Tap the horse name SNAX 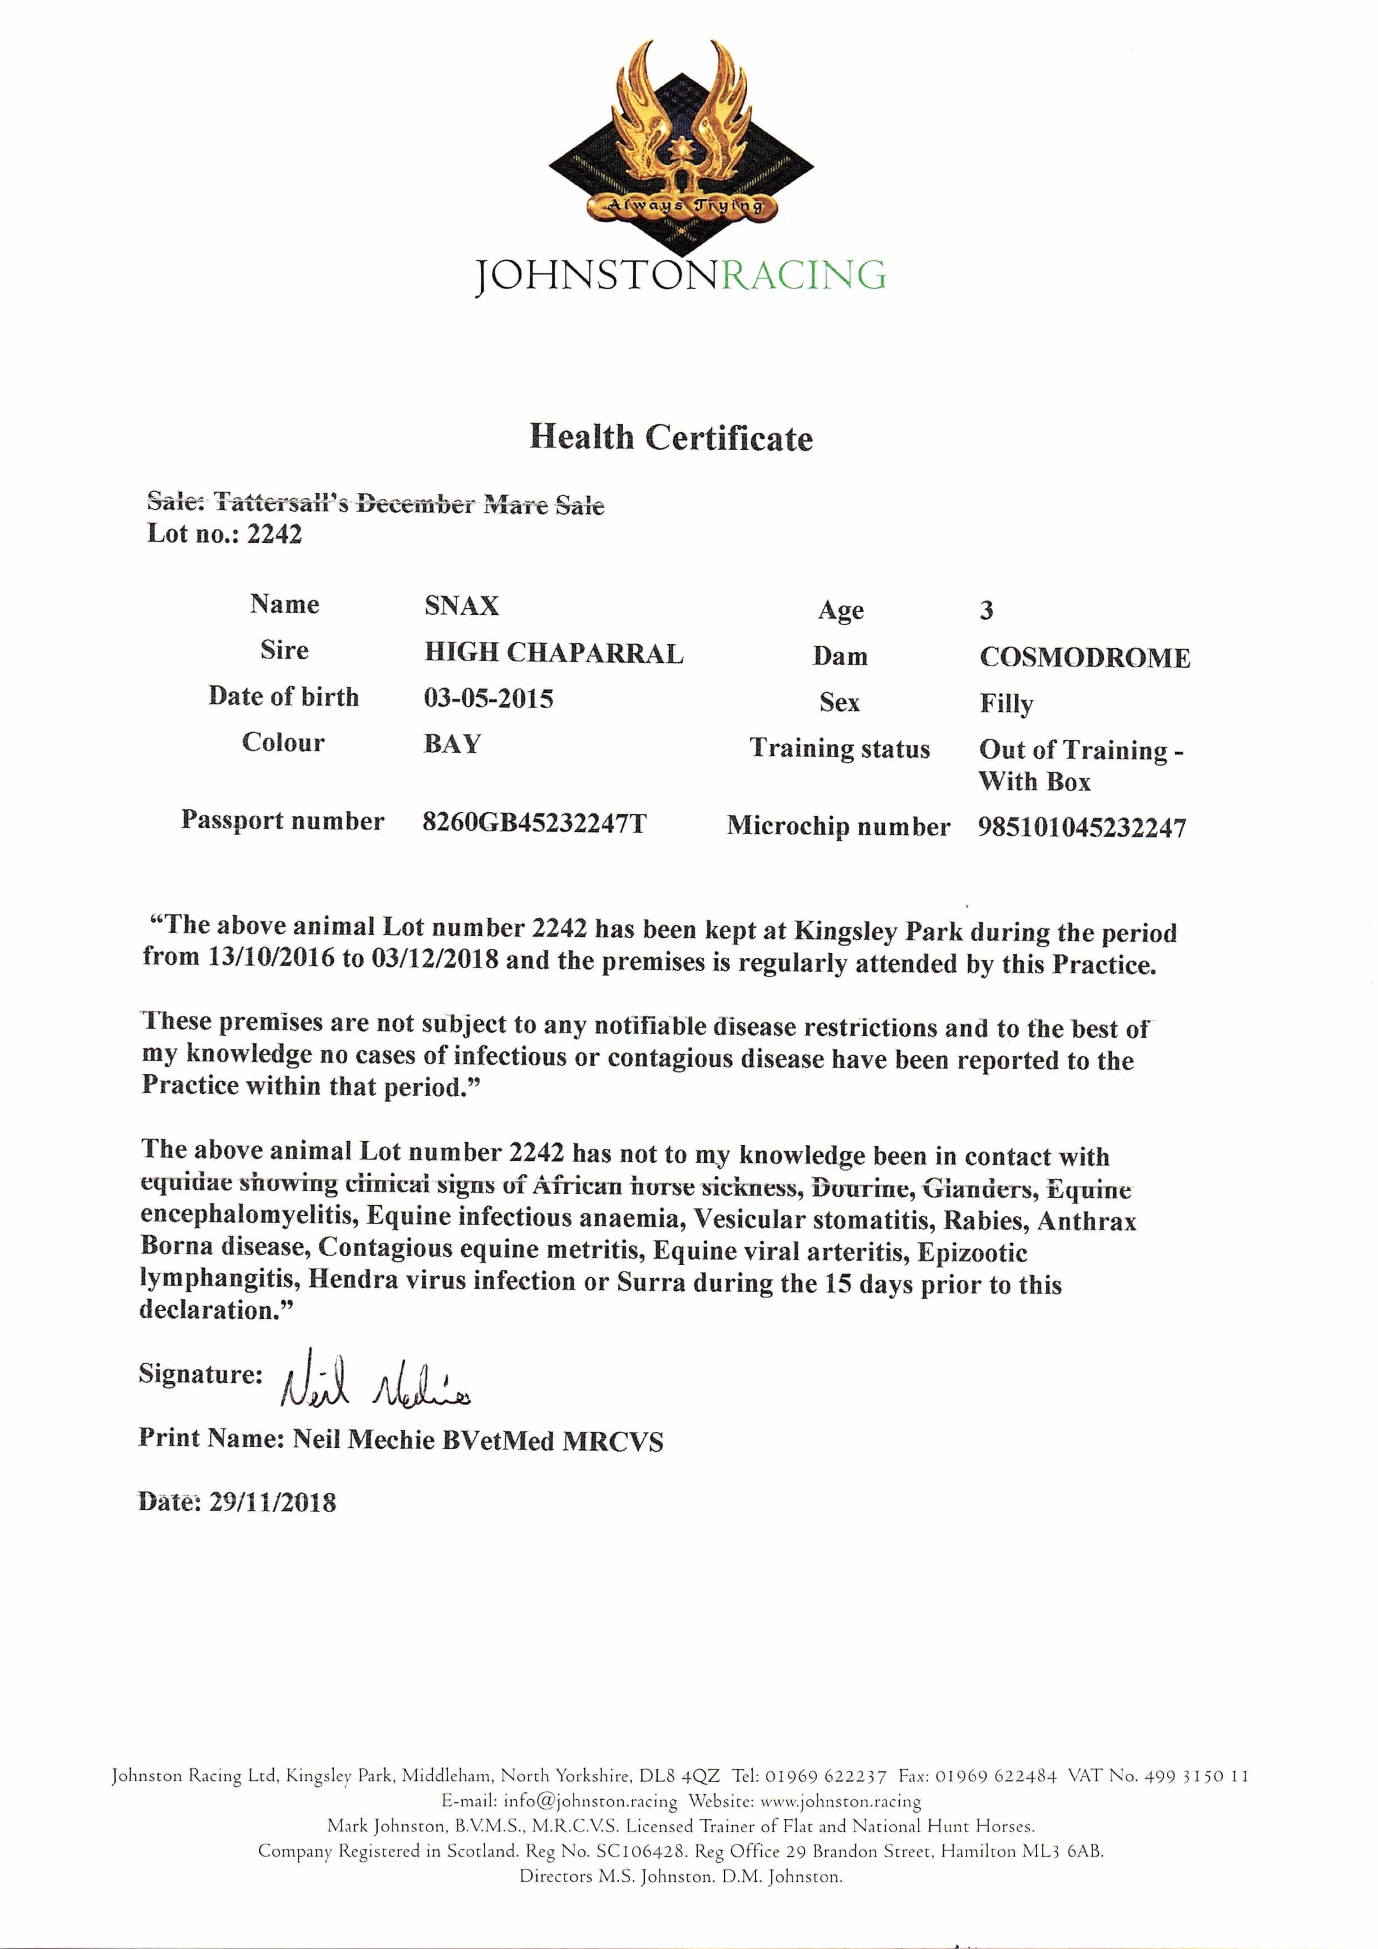click(x=461, y=606)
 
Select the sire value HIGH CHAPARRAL click(x=554, y=653)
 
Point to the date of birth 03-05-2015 click(x=488, y=699)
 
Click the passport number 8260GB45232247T click(x=534, y=822)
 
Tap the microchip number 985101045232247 click(x=1082, y=828)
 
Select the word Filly click(x=1006, y=704)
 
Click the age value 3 click(x=986, y=610)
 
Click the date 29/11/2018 click(x=272, y=1503)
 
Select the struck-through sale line click(x=375, y=503)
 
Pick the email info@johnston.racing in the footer click(x=590, y=1800)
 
